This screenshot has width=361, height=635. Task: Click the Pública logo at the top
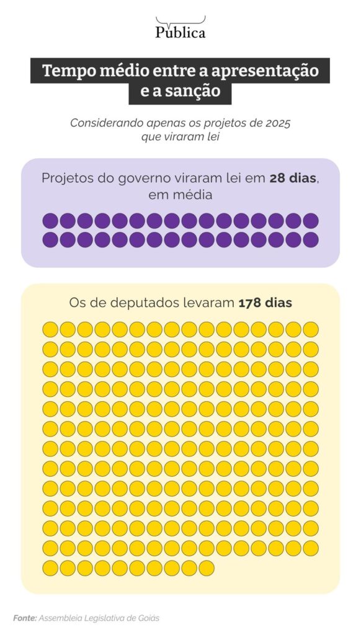[180, 27]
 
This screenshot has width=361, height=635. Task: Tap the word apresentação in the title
[265, 71]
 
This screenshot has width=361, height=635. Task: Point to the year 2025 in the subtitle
[278, 123]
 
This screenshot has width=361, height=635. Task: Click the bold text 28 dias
[293, 178]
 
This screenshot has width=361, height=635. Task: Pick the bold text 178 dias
[265, 303]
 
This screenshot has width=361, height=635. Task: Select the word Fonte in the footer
[25, 618]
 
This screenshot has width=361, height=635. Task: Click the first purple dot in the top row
[50, 221]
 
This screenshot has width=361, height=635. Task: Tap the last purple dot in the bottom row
[311, 239]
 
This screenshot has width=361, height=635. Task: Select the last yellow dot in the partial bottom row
[207, 568]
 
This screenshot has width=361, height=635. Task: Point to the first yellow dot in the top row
[50, 329]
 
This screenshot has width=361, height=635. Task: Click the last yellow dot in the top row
[311, 329]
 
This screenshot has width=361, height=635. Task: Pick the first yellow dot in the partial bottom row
[50, 568]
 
